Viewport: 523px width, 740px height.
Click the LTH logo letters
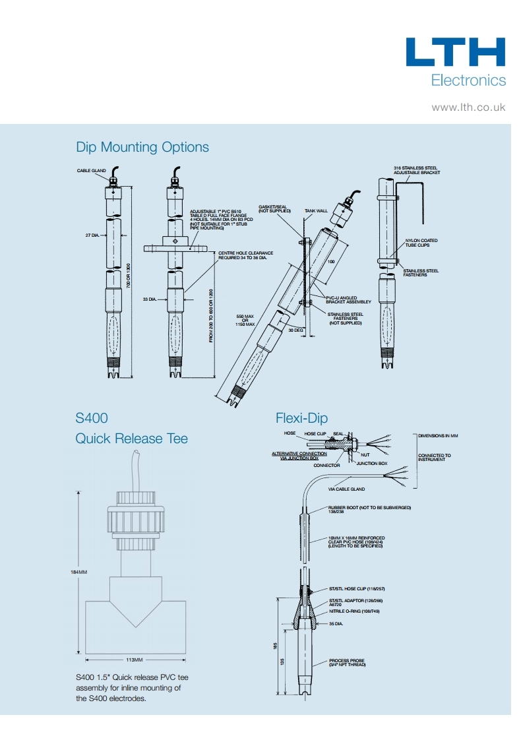coord(455,52)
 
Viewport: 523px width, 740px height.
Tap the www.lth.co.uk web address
coord(468,107)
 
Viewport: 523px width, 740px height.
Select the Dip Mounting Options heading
coord(142,147)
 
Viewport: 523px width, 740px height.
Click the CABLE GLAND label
coord(92,171)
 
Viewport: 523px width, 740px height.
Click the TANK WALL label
coord(315,212)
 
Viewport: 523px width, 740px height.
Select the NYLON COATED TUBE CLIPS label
coord(421,243)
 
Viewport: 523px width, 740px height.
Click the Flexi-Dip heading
coord(301,418)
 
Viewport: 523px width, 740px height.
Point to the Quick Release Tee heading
coord(132,439)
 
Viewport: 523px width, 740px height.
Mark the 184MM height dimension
coord(78,571)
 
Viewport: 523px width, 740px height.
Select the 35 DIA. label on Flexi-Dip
coord(337,623)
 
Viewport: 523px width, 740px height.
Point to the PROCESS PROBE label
coord(346,660)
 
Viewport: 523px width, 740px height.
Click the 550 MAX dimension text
coord(245,317)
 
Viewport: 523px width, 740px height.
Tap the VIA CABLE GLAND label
coord(346,489)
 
